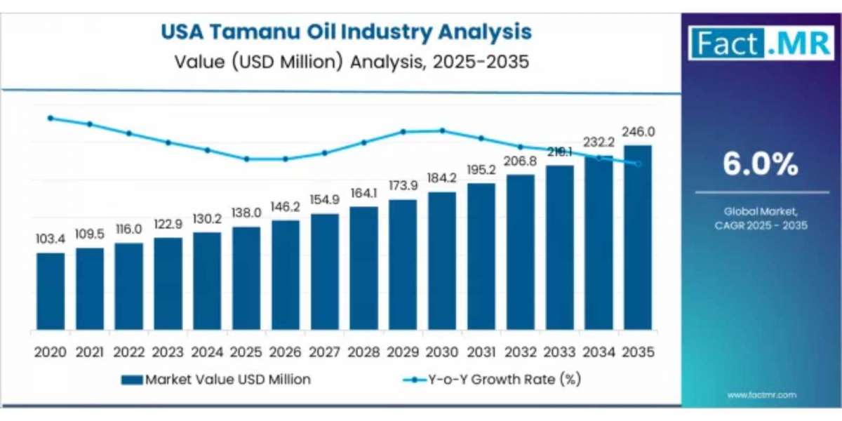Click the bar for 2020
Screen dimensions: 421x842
click(51, 291)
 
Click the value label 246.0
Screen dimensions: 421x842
click(639, 132)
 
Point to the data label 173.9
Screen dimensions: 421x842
click(403, 186)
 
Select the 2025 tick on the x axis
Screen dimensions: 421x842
click(246, 351)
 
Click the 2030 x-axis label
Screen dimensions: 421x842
click(442, 351)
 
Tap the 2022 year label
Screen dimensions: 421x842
click(129, 351)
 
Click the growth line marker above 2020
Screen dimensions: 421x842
click(51, 118)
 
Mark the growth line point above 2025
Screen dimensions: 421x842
click(246, 159)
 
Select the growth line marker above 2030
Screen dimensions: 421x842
click(442, 130)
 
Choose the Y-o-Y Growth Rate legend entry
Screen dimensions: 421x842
click(491, 380)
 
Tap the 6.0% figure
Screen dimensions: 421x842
click(761, 166)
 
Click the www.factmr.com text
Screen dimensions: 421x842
click(761, 395)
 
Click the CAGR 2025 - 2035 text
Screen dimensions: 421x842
click(761, 226)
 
